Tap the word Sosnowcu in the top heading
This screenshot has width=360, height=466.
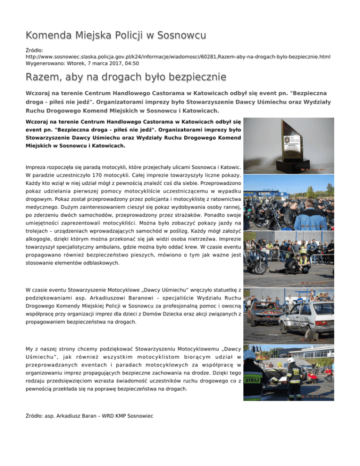[x=182, y=36]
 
